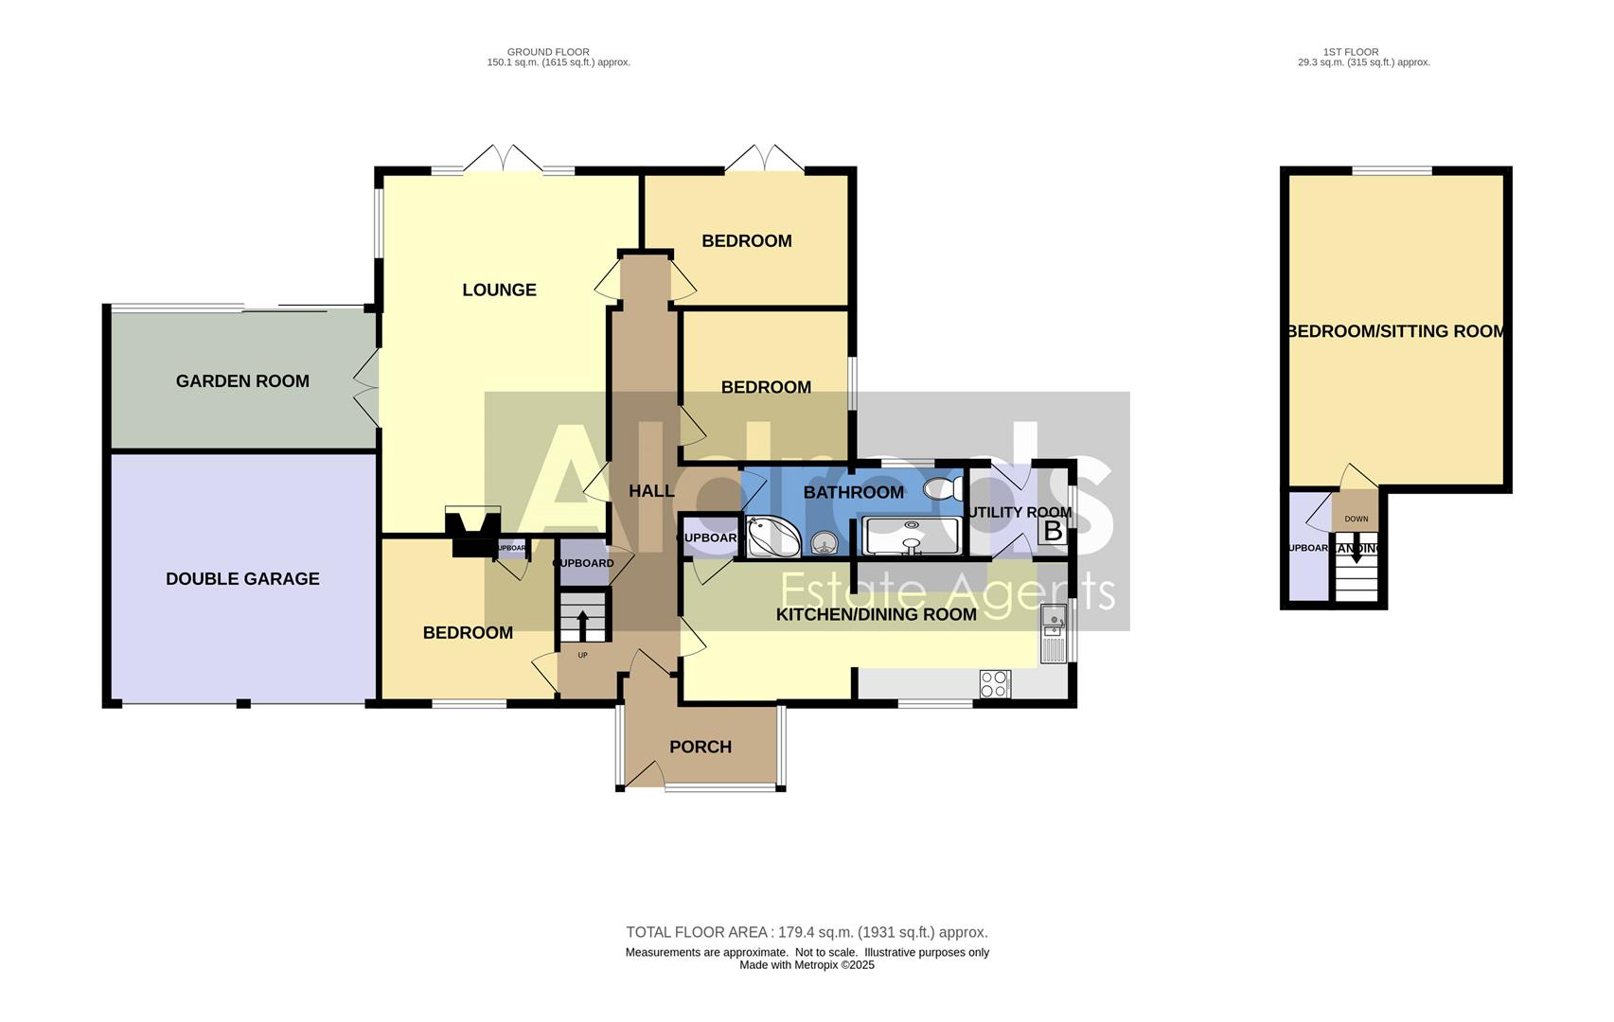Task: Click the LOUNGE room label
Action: point(499,290)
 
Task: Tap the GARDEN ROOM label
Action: point(242,380)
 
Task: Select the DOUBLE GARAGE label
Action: point(242,578)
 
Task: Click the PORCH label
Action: point(700,747)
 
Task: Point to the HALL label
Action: point(651,490)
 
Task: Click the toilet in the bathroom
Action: point(942,488)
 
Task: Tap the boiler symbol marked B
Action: point(1052,531)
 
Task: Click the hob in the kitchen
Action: point(995,683)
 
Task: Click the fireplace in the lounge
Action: point(472,532)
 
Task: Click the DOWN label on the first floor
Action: point(1356,519)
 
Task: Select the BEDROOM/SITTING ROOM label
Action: point(1395,331)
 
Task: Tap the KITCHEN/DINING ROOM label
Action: point(876,614)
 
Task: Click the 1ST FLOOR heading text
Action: point(1351,52)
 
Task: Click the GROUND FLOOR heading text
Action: point(548,52)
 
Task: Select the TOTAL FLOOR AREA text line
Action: point(807,932)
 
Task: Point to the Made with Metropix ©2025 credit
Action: point(807,965)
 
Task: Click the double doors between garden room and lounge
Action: point(367,388)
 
